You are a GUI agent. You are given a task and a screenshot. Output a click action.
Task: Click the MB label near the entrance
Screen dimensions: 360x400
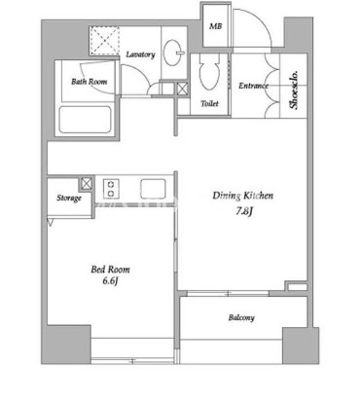(215, 26)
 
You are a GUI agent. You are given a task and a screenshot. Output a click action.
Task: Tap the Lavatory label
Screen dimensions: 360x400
(140, 55)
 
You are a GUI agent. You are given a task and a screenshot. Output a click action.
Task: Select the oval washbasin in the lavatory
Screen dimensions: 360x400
(173, 53)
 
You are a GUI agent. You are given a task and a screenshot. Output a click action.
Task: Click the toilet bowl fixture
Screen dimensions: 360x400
(209, 72)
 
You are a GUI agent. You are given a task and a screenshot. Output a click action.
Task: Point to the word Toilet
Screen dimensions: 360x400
(209, 104)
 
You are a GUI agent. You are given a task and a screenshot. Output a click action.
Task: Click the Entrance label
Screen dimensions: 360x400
(253, 86)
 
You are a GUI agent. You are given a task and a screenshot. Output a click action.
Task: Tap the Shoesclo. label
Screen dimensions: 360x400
(294, 91)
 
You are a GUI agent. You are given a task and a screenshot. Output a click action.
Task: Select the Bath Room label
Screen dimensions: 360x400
(90, 81)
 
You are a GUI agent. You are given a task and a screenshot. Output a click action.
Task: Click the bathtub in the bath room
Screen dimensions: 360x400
(85, 120)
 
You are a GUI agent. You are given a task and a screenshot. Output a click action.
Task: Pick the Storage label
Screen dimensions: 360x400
(69, 198)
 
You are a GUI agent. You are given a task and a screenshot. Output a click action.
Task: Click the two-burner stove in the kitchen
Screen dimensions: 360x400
(111, 188)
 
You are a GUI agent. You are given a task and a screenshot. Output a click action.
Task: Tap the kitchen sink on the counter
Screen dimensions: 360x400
(153, 189)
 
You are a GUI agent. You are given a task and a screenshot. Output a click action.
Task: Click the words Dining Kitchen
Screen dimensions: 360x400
(243, 196)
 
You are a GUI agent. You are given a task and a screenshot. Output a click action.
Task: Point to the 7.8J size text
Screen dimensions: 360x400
(244, 211)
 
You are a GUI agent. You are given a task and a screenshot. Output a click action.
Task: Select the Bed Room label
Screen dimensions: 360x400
(110, 270)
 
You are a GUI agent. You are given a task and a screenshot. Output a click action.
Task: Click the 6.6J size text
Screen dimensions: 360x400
(110, 281)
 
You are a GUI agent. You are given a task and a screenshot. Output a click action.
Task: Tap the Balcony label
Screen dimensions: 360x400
(241, 317)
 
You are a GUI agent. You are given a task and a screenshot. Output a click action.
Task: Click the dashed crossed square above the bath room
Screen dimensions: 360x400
(104, 40)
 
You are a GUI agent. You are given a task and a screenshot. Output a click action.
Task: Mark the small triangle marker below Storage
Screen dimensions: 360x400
(51, 222)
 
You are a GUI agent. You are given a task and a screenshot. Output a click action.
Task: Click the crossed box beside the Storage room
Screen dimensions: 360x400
(87, 183)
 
